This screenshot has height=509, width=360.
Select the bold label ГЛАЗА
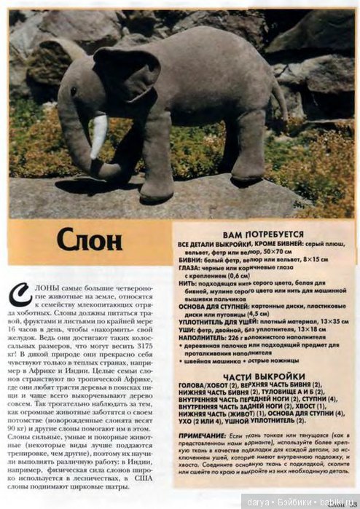[x=189, y=268]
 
